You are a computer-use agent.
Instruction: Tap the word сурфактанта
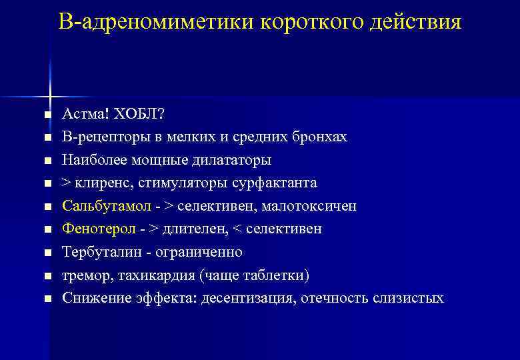pyautogui.click(x=274, y=183)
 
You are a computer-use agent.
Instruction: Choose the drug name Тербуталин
pyautogui.click(x=97, y=253)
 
